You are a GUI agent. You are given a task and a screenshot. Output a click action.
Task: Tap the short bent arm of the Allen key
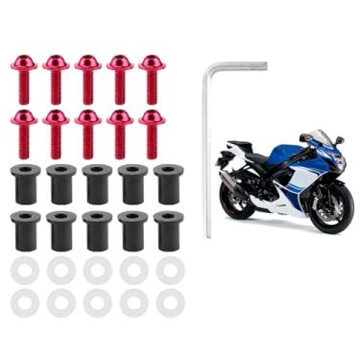point(236,67)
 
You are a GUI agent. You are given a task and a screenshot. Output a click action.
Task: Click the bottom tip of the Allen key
point(208,233)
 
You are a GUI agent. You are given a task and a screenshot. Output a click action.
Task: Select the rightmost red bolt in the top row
point(151,77)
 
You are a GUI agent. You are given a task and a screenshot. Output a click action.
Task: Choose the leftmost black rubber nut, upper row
point(25,182)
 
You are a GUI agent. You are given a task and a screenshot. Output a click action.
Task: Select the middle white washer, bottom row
point(97,303)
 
